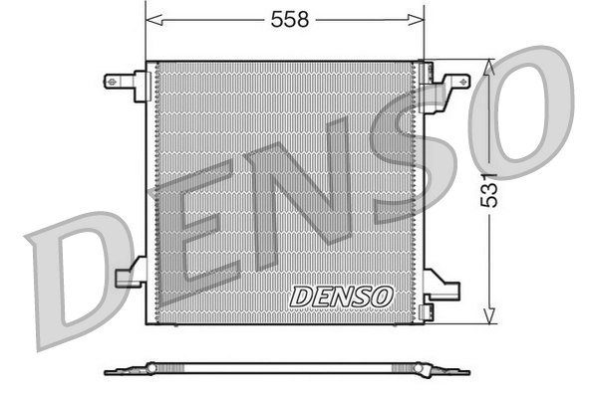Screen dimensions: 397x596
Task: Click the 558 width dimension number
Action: coord(285,18)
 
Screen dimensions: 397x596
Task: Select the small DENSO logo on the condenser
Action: coord(342,297)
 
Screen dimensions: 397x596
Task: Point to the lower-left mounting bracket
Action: coord(130,274)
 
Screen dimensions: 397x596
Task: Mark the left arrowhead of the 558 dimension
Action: coord(152,18)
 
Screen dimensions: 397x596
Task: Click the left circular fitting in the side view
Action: coord(151,368)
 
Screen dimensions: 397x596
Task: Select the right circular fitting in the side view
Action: coord(421,369)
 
